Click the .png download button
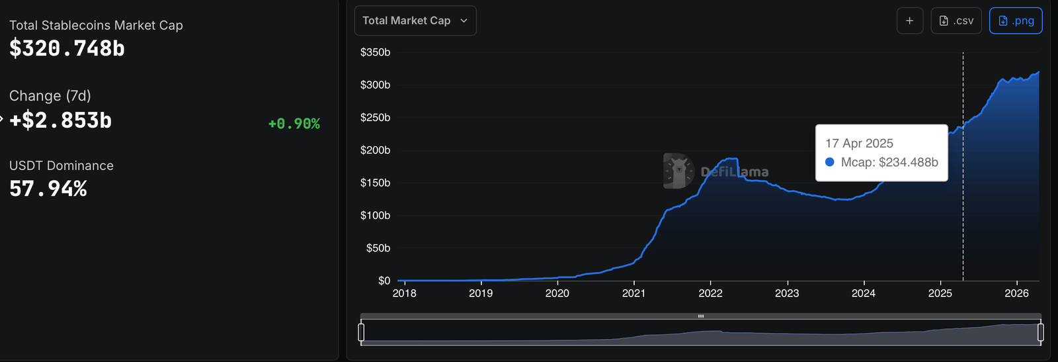coord(1016,21)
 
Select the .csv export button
coord(956,21)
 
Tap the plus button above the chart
coord(910,21)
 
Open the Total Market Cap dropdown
coord(415,21)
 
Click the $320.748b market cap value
coord(67,48)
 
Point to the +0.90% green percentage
coord(294,124)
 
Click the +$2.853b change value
coord(61,120)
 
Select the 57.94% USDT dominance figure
coord(48,189)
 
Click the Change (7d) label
coord(50,96)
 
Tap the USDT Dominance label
coord(61,165)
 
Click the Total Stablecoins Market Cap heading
coord(96,25)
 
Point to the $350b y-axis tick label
coord(375,52)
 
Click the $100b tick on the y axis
coord(375,215)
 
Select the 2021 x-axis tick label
coord(633,293)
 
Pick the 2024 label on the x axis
coord(864,293)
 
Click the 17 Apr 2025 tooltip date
coord(859,144)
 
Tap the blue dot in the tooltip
coord(830,162)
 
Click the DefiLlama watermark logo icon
coord(678,171)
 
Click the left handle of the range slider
coord(361,332)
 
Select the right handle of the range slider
coord(1041,332)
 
